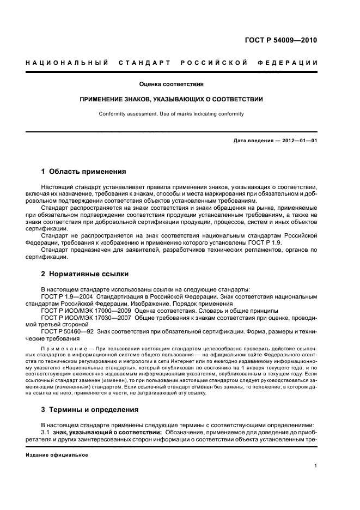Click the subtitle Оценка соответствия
coord(172,84)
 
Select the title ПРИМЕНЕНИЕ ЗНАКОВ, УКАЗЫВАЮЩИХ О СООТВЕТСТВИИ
coord(172,99)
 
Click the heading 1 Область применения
coord(83,171)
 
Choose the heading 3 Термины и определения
coord(90,409)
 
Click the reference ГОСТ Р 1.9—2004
coord(66,296)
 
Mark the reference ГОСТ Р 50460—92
coord(65,332)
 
